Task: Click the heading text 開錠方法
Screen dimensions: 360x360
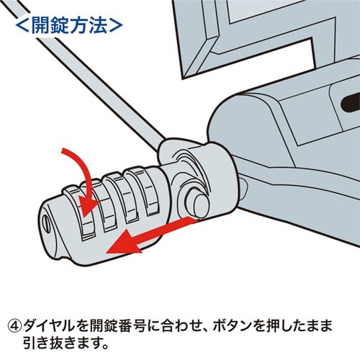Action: pos(68,25)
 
